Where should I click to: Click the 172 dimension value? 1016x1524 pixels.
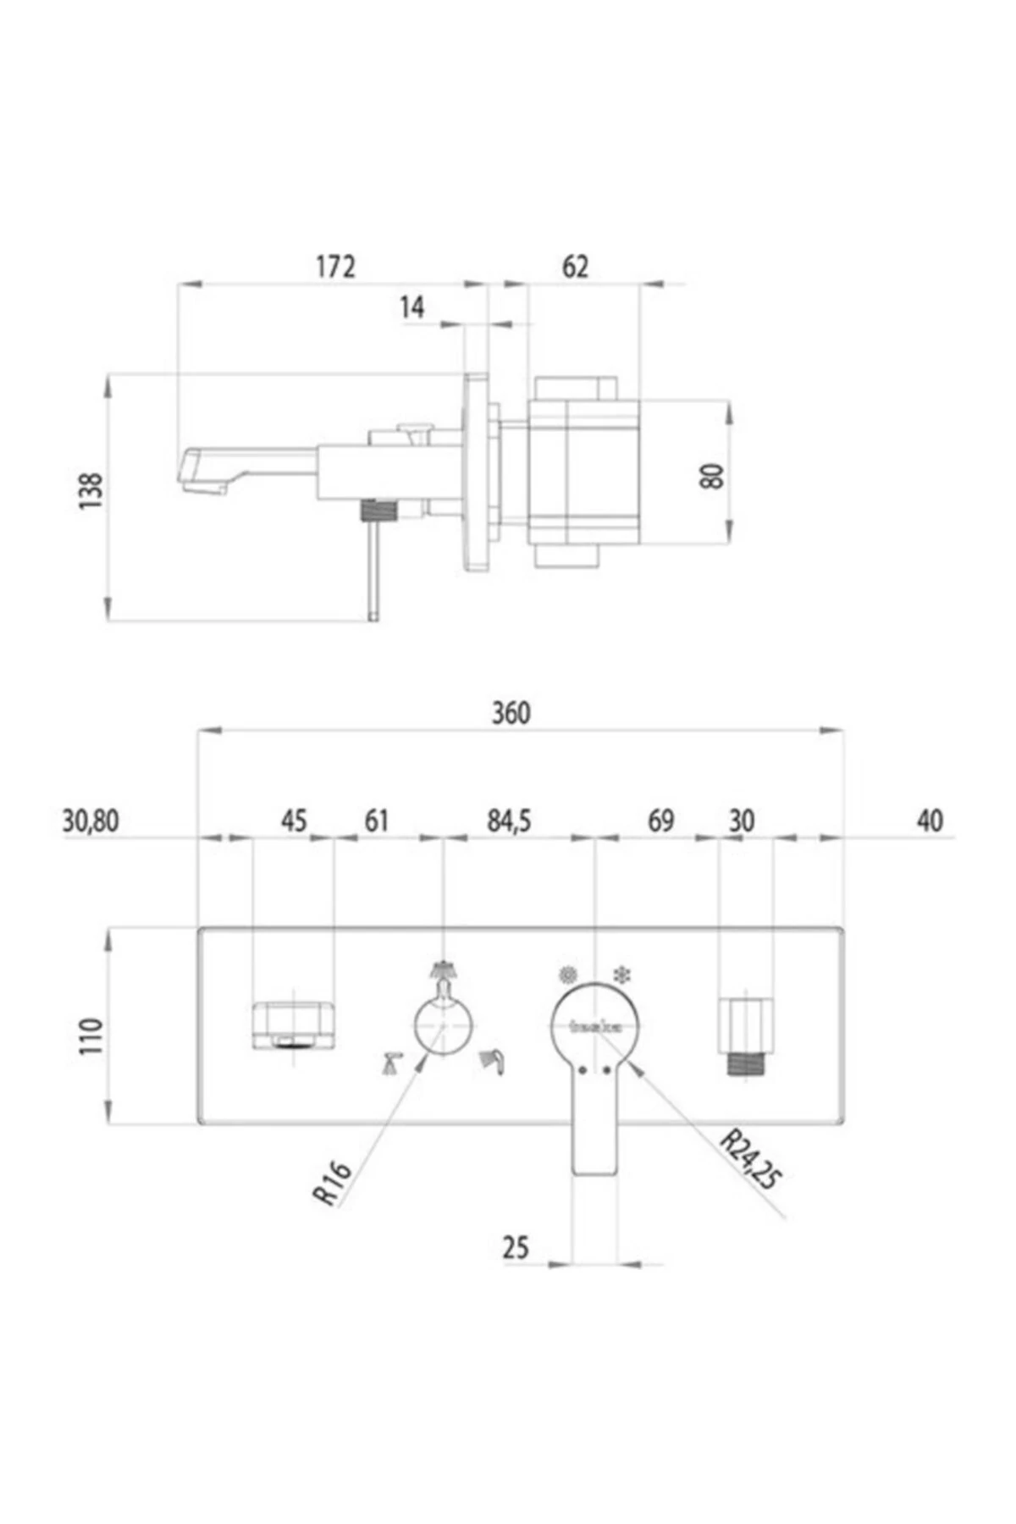point(335,267)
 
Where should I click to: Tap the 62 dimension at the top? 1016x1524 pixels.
point(575,267)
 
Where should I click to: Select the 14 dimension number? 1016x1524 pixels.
point(412,307)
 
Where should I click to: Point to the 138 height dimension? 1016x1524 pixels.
point(91,491)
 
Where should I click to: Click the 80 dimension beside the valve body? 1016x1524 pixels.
point(713,476)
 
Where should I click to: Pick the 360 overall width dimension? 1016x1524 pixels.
point(511,713)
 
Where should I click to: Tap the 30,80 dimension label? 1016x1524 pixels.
point(91,821)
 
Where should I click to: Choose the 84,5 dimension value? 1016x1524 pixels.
point(509,821)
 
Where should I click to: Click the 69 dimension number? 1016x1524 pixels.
point(660,821)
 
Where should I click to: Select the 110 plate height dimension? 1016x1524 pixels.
point(91,1036)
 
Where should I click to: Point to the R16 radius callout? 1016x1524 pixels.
point(332,1182)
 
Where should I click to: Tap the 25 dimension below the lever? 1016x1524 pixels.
point(516,1247)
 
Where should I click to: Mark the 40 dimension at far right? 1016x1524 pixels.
point(930,821)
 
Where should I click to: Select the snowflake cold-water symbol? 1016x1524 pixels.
point(624,975)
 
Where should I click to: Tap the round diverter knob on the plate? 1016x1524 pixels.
point(443,1024)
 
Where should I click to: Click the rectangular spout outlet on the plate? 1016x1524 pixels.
point(293,1025)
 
